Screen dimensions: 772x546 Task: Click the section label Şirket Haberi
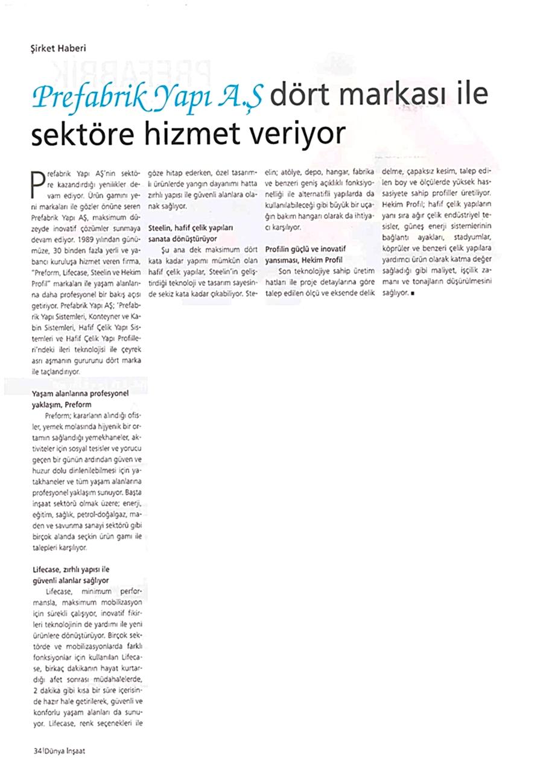tap(58, 48)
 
